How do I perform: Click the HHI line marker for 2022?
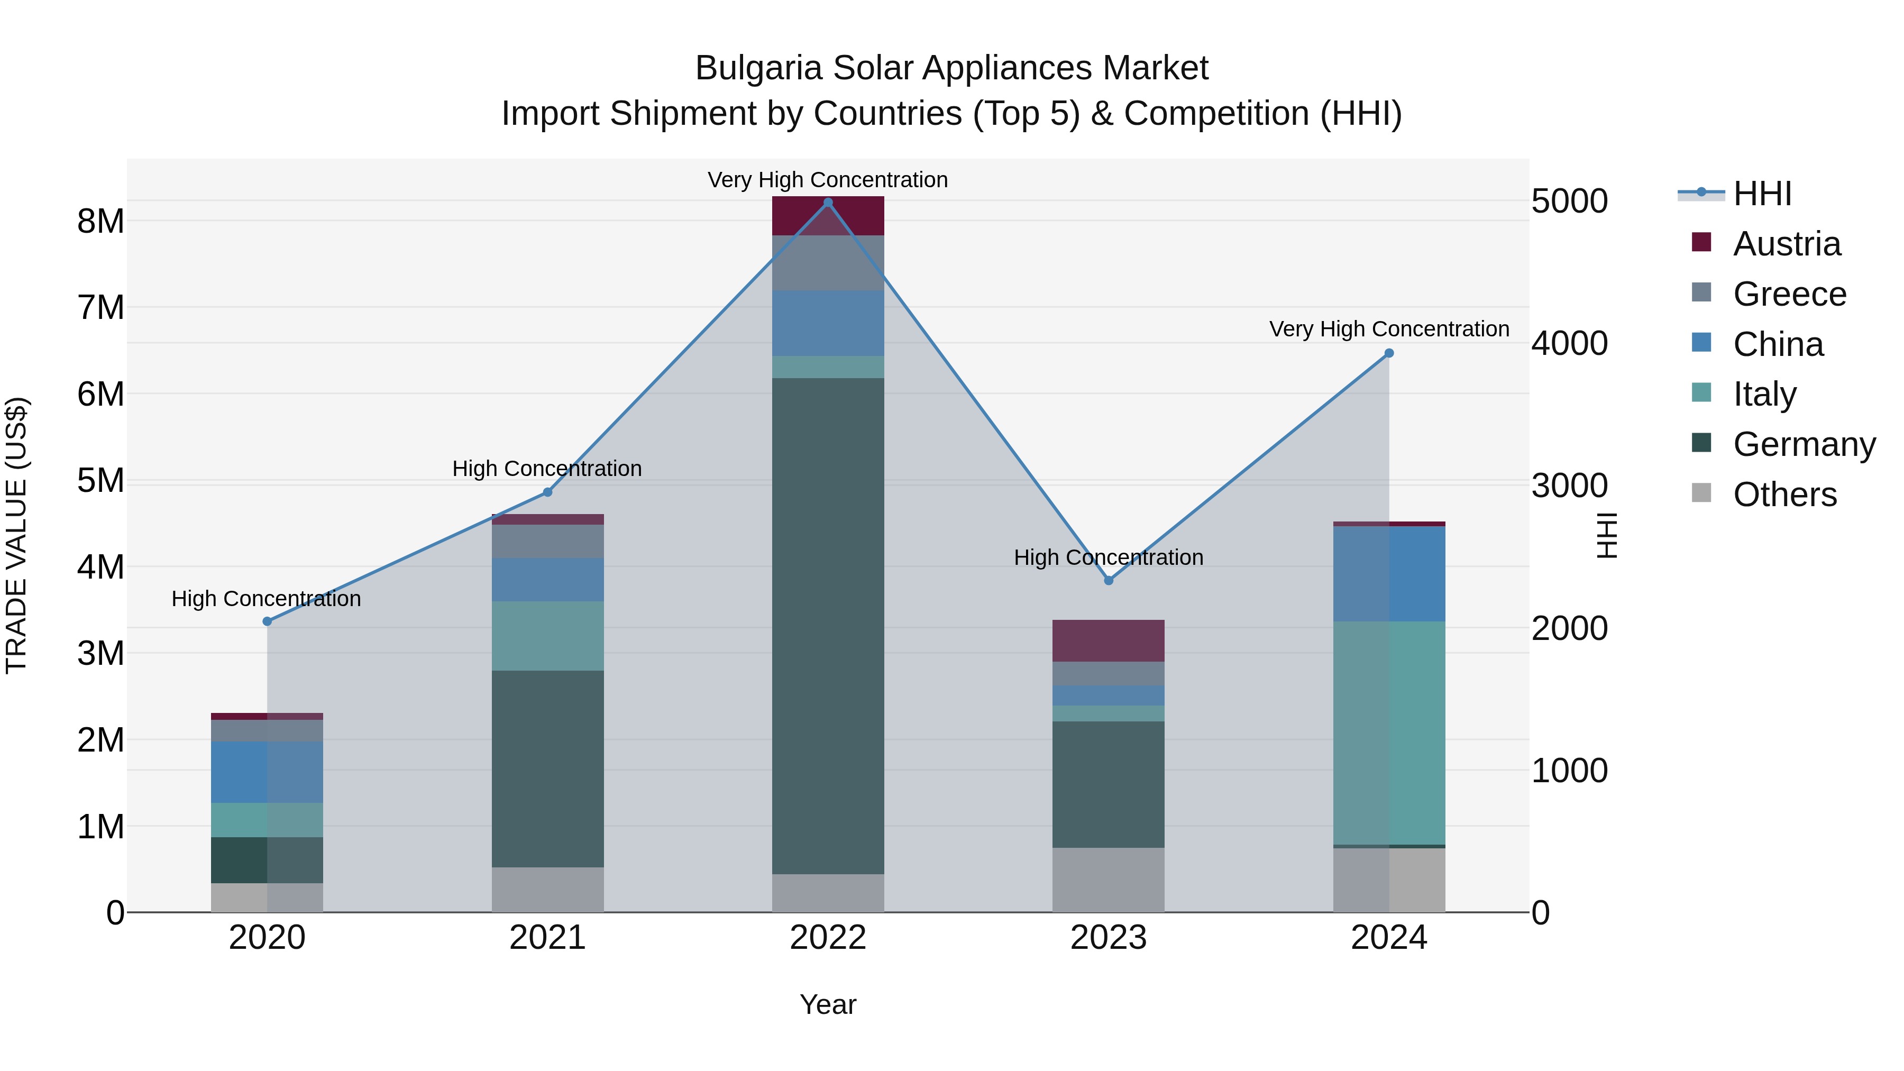[828, 203]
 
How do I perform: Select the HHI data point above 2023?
[1108, 581]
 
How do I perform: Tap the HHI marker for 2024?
[1389, 353]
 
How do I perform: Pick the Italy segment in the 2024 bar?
[1389, 733]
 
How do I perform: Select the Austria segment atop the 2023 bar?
[1108, 640]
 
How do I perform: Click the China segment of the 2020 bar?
[267, 772]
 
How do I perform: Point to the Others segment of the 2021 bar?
[548, 889]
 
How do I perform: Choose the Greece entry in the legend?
[1789, 294]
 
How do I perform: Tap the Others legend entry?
[1784, 495]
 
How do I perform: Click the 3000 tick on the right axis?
[1569, 486]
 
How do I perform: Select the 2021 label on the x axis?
[548, 938]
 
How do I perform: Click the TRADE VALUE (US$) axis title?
[16, 535]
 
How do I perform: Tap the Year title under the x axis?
[828, 1004]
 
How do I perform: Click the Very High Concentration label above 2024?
[1389, 329]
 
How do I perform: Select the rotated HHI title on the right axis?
[1607, 535]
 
